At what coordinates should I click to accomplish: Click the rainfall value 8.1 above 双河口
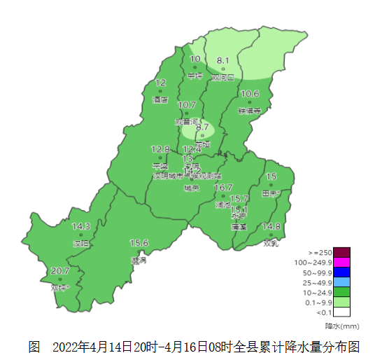tap(223, 61)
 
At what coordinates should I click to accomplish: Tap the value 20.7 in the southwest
tap(60, 271)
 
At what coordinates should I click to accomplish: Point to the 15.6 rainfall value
tap(139, 243)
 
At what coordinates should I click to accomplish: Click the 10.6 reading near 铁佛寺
tap(250, 94)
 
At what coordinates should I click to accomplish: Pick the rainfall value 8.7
tap(203, 127)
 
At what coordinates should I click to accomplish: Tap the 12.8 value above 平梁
tap(160, 149)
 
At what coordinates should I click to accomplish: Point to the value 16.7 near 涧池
tap(223, 188)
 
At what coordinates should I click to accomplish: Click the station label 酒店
tap(160, 100)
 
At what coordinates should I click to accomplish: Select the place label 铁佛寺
tap(249, 111)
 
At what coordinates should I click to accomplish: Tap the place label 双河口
tap(222, 78)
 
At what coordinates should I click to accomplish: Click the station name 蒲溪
tap(239, 228)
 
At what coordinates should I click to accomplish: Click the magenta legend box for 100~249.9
tap(341, 262)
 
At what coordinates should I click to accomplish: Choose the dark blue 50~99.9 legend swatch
tap(341, 272)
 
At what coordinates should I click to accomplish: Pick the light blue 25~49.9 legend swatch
tap(341, 282)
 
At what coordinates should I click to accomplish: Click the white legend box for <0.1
tap(341, 312)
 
